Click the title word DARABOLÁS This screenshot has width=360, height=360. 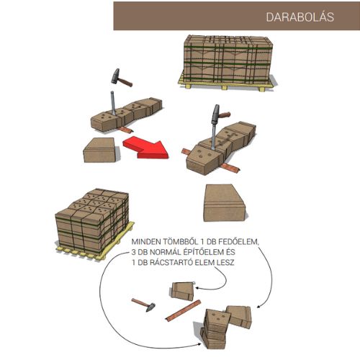click(x=300, y=17)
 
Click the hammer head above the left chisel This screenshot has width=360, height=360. click(x=116, y=76)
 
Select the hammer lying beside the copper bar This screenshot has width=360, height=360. click(x=143, y=305)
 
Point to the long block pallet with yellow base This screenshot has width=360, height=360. click(x=227, y=63)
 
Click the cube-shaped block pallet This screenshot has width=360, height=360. click(x=94, y=224)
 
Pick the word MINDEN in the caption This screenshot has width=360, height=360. click(x=146, y=242)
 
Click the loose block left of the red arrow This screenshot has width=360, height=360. click(x=101, y=150)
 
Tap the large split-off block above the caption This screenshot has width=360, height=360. click(x=225, y=203)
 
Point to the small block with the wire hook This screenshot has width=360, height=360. click(x=183, y=291)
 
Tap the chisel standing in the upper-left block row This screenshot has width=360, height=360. click(x=113, y=104)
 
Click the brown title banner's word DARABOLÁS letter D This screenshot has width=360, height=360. click(x=270, y=17)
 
